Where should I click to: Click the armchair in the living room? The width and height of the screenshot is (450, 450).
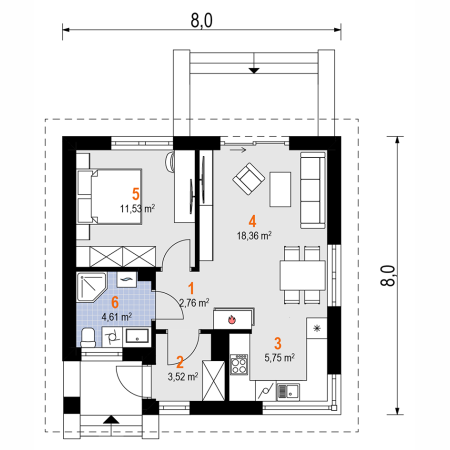tap(249, 179)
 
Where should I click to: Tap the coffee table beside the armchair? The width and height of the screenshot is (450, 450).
tap(280, 189)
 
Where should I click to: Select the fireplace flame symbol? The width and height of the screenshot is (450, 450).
tap(232, 320)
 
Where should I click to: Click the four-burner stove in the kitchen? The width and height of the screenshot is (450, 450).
tap(239, 364)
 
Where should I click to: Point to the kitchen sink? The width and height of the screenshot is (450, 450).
tap(288, 392)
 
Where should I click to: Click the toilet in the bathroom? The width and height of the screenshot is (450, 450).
tap(88, 338)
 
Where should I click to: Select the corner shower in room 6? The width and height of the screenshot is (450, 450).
tap(91, 288)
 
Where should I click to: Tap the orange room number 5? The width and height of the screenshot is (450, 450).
tap(136, 194)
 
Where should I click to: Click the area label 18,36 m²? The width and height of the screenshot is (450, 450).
tap(254, 236)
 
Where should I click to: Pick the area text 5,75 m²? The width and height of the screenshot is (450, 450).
tap(280, 358)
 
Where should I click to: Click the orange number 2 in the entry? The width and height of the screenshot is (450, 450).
tap(180, 362)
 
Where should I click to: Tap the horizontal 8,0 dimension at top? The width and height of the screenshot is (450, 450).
tap(202, 21)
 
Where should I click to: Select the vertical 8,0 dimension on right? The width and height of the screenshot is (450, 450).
tap(388, 275)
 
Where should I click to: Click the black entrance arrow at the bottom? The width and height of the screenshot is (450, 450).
tap(111, 419)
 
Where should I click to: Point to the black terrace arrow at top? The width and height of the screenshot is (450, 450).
tap(254, 70)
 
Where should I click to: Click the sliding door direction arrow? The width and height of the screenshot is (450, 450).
tap(238, 150)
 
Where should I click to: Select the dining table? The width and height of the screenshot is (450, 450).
tap(303, 275)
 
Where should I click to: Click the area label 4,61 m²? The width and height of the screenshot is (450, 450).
tap(117, 317)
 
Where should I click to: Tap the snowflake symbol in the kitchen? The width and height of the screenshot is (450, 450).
tap(316, 328)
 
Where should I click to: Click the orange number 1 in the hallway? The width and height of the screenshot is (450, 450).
tap(191, 289)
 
